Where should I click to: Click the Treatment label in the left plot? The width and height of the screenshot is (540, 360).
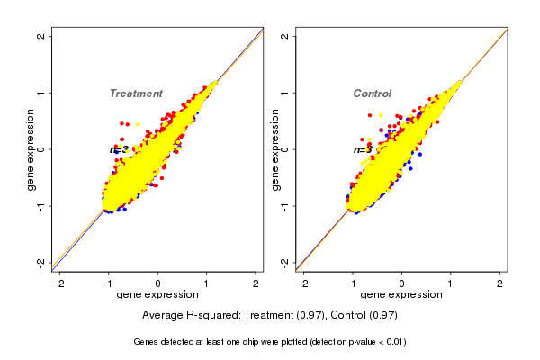[136, 94]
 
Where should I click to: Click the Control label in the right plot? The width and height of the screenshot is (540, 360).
[372, 94]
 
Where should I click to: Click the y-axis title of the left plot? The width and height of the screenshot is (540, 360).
[31, 149]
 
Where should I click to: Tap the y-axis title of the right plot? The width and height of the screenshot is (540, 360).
[274, 149]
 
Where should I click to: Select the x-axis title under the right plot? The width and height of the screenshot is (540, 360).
[400, 295]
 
